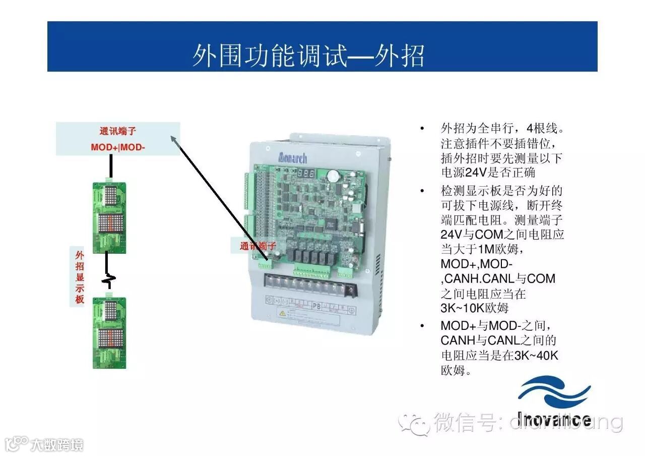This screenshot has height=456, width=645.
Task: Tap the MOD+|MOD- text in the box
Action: coord(118,147)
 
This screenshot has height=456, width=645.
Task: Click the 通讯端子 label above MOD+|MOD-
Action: coord(118,132)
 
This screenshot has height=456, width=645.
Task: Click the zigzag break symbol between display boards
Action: coord(107,278)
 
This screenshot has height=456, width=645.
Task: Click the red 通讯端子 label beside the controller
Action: coord(258,246)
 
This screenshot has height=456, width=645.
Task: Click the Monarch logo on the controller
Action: coord(292,158)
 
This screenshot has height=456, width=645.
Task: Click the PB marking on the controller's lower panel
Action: coord(316,305)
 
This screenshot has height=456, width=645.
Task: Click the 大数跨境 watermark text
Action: coord(56,445)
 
